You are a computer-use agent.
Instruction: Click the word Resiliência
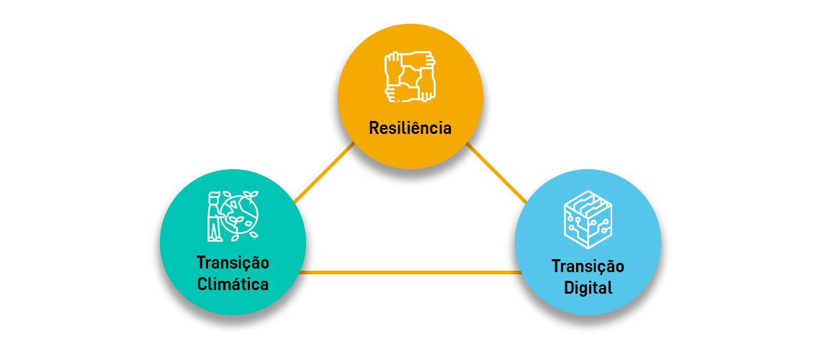pos(410,129)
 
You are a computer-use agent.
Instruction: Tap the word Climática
pos(233,284)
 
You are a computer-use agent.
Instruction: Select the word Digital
pos(588,288)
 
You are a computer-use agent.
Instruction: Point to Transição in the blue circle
pos(588,266)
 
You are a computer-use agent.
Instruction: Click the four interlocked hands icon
pos(410,76)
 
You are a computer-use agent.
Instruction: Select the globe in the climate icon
pos(240,215)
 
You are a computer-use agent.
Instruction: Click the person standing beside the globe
pos(214,216)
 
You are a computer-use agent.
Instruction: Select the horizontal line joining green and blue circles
pos(410,272)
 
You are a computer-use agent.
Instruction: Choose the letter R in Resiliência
pos(374,129)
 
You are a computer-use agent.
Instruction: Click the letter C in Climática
pos(202,284)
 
